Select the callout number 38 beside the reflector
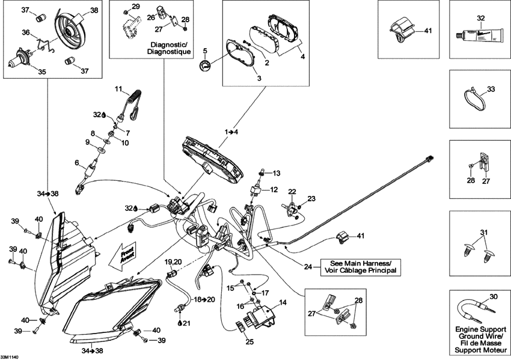click(x=94, y=10)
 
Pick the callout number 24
click(x=308, y=266)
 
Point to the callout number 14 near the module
click(x=283, y=303)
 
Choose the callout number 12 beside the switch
click(x=274, y=189)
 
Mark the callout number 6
click(x=76, y=163)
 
